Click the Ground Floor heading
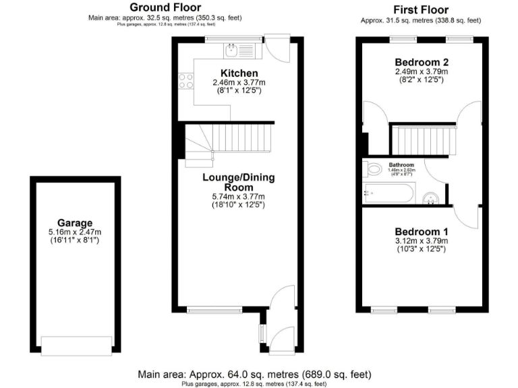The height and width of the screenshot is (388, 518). coord(165,7)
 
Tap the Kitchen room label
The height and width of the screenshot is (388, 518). coord(239,73)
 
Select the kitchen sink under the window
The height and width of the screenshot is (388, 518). coord(231,48)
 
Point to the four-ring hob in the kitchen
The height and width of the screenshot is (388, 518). coord(185,81)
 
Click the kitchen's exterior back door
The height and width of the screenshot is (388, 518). coord(276,48)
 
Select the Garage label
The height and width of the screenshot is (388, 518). coord(74,223)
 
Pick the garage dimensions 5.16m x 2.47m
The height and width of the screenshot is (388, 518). coord(74,232)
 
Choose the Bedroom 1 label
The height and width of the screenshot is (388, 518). coord(421,229)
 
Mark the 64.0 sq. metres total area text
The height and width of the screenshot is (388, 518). coord(254,374)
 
